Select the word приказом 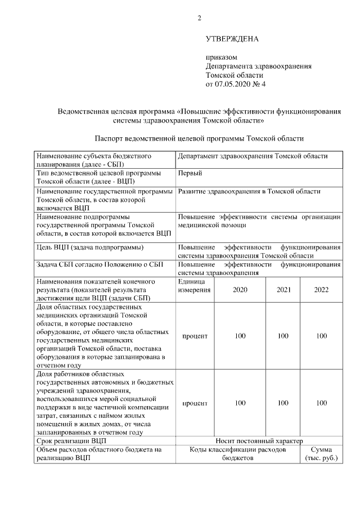pos(222,57)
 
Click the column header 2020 pos(240,290)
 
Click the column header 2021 pos(283,290)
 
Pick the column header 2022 pos(321,290)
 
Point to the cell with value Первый pos(190,173)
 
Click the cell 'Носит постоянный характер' pos(259,440)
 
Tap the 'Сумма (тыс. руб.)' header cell pos(321,454)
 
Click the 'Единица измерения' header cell pos(195,285)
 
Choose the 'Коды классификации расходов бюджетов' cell pos(237,454)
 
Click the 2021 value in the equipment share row pos(283,336)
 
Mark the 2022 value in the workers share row pos(321,403)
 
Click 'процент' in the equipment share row pos(195,336)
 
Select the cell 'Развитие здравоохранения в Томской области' pos(249,191)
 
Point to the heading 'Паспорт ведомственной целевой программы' pos(199,138)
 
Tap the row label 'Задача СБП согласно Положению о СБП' pos(100,265)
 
